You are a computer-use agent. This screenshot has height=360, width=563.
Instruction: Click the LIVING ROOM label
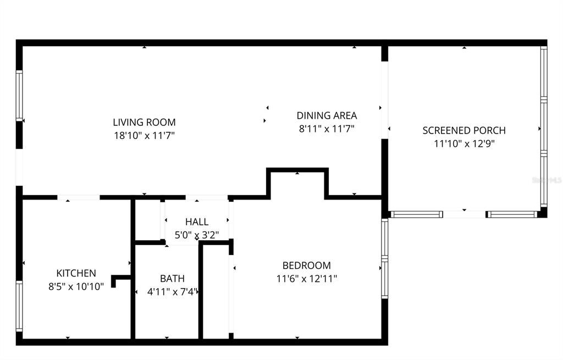pos(144,122)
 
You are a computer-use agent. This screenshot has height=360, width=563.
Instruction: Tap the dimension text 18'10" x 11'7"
pos(144,135)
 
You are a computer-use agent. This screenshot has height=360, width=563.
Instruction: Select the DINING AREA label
pos(327,115)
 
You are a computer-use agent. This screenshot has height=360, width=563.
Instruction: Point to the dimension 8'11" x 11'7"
pos(327,129)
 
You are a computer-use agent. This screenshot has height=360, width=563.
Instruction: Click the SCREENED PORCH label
pos(464,130)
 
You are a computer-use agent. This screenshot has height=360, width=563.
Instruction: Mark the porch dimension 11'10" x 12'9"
pos(464,144)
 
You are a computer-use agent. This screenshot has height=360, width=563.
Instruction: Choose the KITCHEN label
pos(76,273)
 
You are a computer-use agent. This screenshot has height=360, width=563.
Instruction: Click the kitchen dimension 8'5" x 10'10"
pos(76,286)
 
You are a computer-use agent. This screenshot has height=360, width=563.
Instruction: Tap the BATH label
pos(172,279)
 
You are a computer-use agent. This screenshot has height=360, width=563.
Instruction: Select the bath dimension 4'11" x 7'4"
pos(172,292)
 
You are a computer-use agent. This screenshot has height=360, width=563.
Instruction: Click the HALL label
pos(196,222)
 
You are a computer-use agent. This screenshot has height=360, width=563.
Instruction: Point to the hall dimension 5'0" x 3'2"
pos(196,235)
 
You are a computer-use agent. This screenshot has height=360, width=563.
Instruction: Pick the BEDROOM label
pos(306,265)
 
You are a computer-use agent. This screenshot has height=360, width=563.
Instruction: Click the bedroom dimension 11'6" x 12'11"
pos(306,279)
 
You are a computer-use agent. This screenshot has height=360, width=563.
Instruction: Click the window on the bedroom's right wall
pos(385,258)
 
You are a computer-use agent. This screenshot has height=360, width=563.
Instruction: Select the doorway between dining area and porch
pos(385,99)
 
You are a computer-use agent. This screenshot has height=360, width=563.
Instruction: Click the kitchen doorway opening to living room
pos(79,197)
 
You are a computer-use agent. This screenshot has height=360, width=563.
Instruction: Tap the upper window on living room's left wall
pos(19,96)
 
